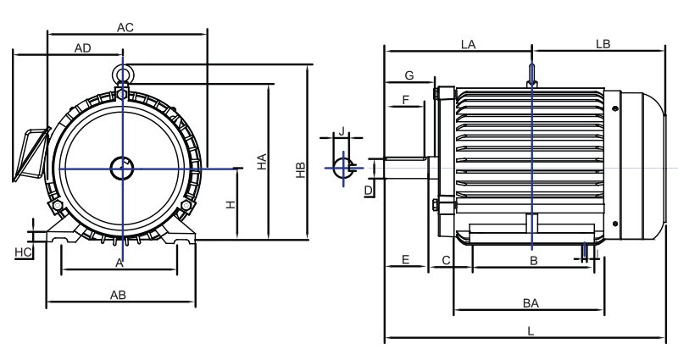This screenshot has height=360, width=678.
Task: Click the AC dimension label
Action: click(125, 27)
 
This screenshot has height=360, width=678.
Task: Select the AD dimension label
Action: click(82, 48)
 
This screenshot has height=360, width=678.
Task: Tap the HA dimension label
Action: click(263, 161)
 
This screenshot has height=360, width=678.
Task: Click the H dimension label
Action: click(229, 205)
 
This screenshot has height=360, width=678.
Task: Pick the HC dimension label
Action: click(23, 252)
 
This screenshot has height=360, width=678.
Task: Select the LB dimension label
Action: click(603, 42)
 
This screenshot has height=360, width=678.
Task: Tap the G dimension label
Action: click(408, 75)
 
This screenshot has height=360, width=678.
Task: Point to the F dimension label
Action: click(406, 99)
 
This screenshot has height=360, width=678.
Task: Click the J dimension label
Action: click(341, 131)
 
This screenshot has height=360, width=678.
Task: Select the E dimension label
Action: click(405, 259)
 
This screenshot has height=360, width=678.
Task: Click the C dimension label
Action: click(446, 259)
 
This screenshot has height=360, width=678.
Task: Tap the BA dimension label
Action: click(531, 302)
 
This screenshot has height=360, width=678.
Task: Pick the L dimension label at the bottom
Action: click(530, 333)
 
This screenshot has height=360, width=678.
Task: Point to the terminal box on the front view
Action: click(31, 155)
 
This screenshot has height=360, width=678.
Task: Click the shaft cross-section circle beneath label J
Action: click(342, 167)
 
